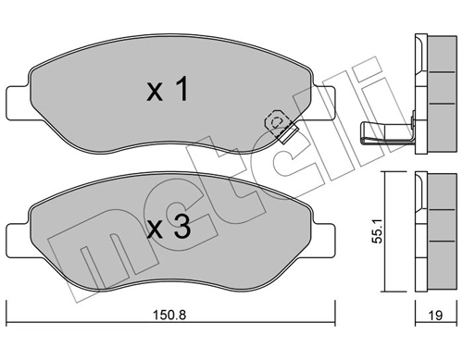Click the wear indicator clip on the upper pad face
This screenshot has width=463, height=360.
279,126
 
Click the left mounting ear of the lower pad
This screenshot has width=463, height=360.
19,237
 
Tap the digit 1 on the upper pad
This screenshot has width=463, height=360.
182,90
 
